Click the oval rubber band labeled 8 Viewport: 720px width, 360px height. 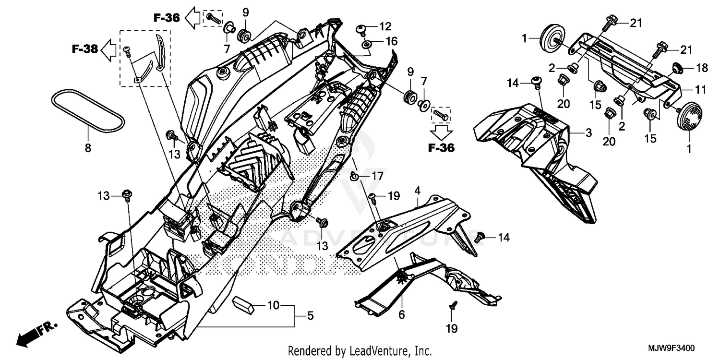[87, 110]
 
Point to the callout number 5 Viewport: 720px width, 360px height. [310, 316]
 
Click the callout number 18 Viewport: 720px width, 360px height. [701, 68]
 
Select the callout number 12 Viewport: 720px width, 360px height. [385, 26]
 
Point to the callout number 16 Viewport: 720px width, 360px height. [391, 42]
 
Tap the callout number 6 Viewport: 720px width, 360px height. [401, 315]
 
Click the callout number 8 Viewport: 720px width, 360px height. [87, 149]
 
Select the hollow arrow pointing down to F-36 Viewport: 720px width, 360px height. [441, 132]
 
